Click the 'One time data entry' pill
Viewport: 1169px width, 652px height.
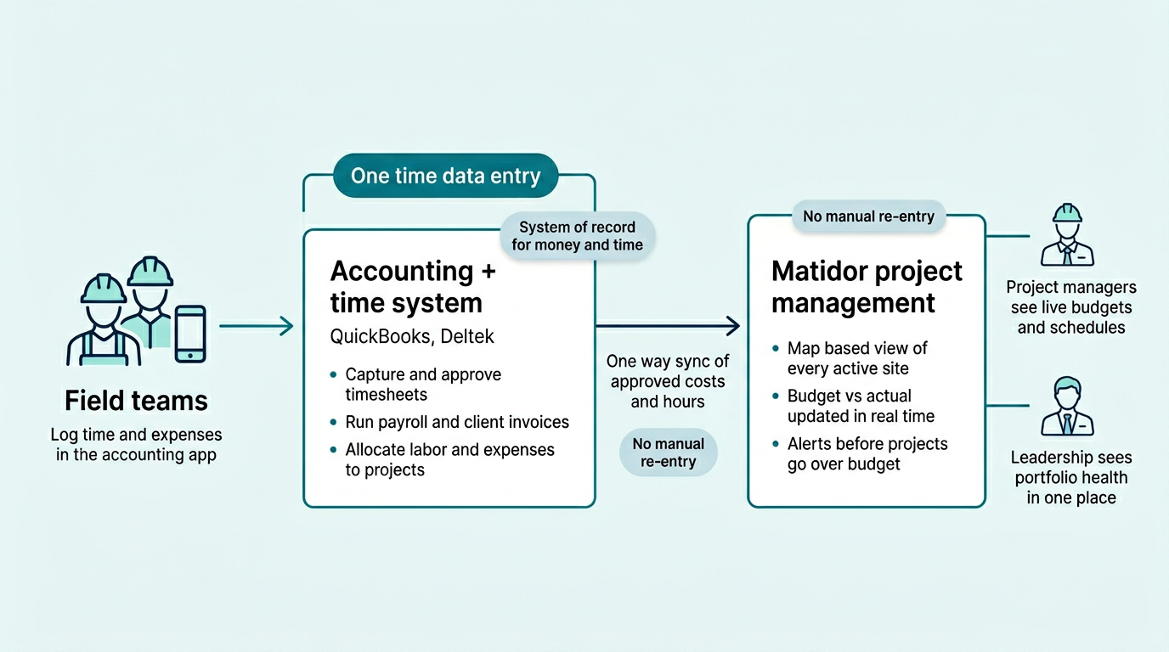click(x=445, y=176)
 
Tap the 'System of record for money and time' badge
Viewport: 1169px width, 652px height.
click(x=577, y=236)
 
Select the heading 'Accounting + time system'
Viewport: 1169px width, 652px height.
click(x=413, y=287)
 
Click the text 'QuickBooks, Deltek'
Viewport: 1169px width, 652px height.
click(x=412, y=336)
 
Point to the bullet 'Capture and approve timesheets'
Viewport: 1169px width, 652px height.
click(x=423, y=385)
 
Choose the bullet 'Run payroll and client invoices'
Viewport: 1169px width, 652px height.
click(x=457, y=422)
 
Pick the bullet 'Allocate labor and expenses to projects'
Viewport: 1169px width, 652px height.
click(x=449, y=459)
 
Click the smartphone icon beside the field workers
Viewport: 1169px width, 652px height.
click(x=189, y=334)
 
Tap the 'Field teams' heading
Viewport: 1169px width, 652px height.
click(x=136, y=400)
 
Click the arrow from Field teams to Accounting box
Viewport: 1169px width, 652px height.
click(x=256, y=325)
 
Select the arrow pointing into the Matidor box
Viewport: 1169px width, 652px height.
click(x=668, y=324)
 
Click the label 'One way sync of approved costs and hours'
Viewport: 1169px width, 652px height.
click(x=668, y=381)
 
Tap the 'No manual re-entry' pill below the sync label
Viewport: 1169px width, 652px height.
click(x=668, y=452)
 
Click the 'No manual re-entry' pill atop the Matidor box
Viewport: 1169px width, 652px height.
click(x=868, y=216)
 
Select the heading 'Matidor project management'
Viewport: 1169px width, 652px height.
click(x=867, y=287)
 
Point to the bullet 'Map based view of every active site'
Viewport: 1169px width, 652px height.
click(x=857, y=358)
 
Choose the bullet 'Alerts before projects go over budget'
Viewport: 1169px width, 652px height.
click(x=867, y=454)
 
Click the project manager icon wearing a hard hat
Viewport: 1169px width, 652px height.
click(x=1067, y=235)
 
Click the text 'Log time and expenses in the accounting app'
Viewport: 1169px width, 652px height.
click(x=136, y=444)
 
